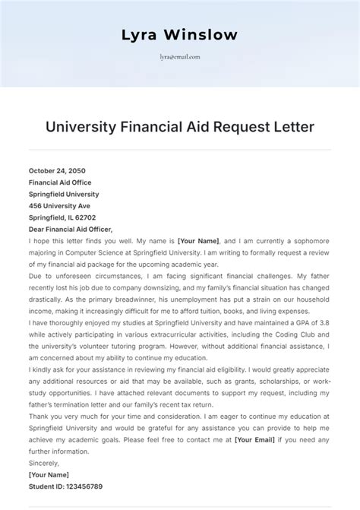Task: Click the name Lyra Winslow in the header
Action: tap(179, 35)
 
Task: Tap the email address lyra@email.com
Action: tap(179, 56)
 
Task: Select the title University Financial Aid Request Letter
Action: tap(179, 125)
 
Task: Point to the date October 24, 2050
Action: tap(58, 171)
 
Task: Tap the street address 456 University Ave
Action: tap(60, 205)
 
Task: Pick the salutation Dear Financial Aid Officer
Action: tap(71, 229)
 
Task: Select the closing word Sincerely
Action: tap(45, 463)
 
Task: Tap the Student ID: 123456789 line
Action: tap(65, 486)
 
